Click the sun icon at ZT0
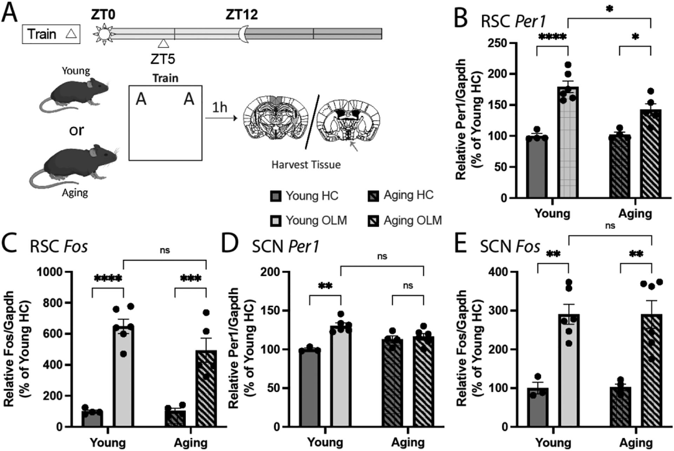point(104,34)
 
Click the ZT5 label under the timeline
point(163,59)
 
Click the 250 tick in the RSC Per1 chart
point(496,43)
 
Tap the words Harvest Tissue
point(306,164)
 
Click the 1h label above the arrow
point(220,107)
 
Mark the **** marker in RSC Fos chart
point(108,279)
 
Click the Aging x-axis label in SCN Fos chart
point(636,443)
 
